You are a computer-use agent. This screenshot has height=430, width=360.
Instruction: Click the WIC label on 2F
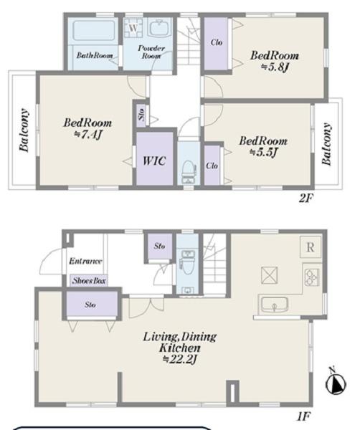pyautogui.click(x=154, y=161)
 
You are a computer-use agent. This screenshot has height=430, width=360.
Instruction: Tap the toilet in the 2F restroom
pyautogui.click(x=188, y=169)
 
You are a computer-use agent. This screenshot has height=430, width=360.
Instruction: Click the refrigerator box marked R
pyautogui.click(x=311, y=247)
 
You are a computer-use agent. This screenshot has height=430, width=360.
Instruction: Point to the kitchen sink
pyautogui.click(x=274, y=305)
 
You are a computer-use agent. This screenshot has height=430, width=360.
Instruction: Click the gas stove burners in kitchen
pyautogui.click(x=312, y=277)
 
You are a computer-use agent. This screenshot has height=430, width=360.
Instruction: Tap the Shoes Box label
pyautogui.click(x=89, y=280)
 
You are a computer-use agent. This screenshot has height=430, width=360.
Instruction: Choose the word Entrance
pyautogui.click(x=85, y=261)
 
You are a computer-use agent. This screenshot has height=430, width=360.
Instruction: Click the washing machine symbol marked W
pyautogui.click(x=133, y=28)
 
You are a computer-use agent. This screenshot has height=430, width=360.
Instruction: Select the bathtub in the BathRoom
pyautogui.click(x=93, y=31)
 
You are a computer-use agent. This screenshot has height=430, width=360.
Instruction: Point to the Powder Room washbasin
pyautogui.click(x=160, y=28)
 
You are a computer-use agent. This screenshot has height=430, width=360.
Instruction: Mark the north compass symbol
pyautogui.click(x=336, y=383)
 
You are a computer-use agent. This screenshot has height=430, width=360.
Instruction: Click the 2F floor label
pyautogui.click(x=306, y=198)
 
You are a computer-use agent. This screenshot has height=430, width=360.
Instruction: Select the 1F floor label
pyautogui.click(x=304, y=417)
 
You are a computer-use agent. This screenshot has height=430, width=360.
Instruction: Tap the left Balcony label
pyautogui.click(x=24, y=130)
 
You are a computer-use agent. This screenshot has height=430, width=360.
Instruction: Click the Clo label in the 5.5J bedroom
pyautogui.click(x=212, y=166)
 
